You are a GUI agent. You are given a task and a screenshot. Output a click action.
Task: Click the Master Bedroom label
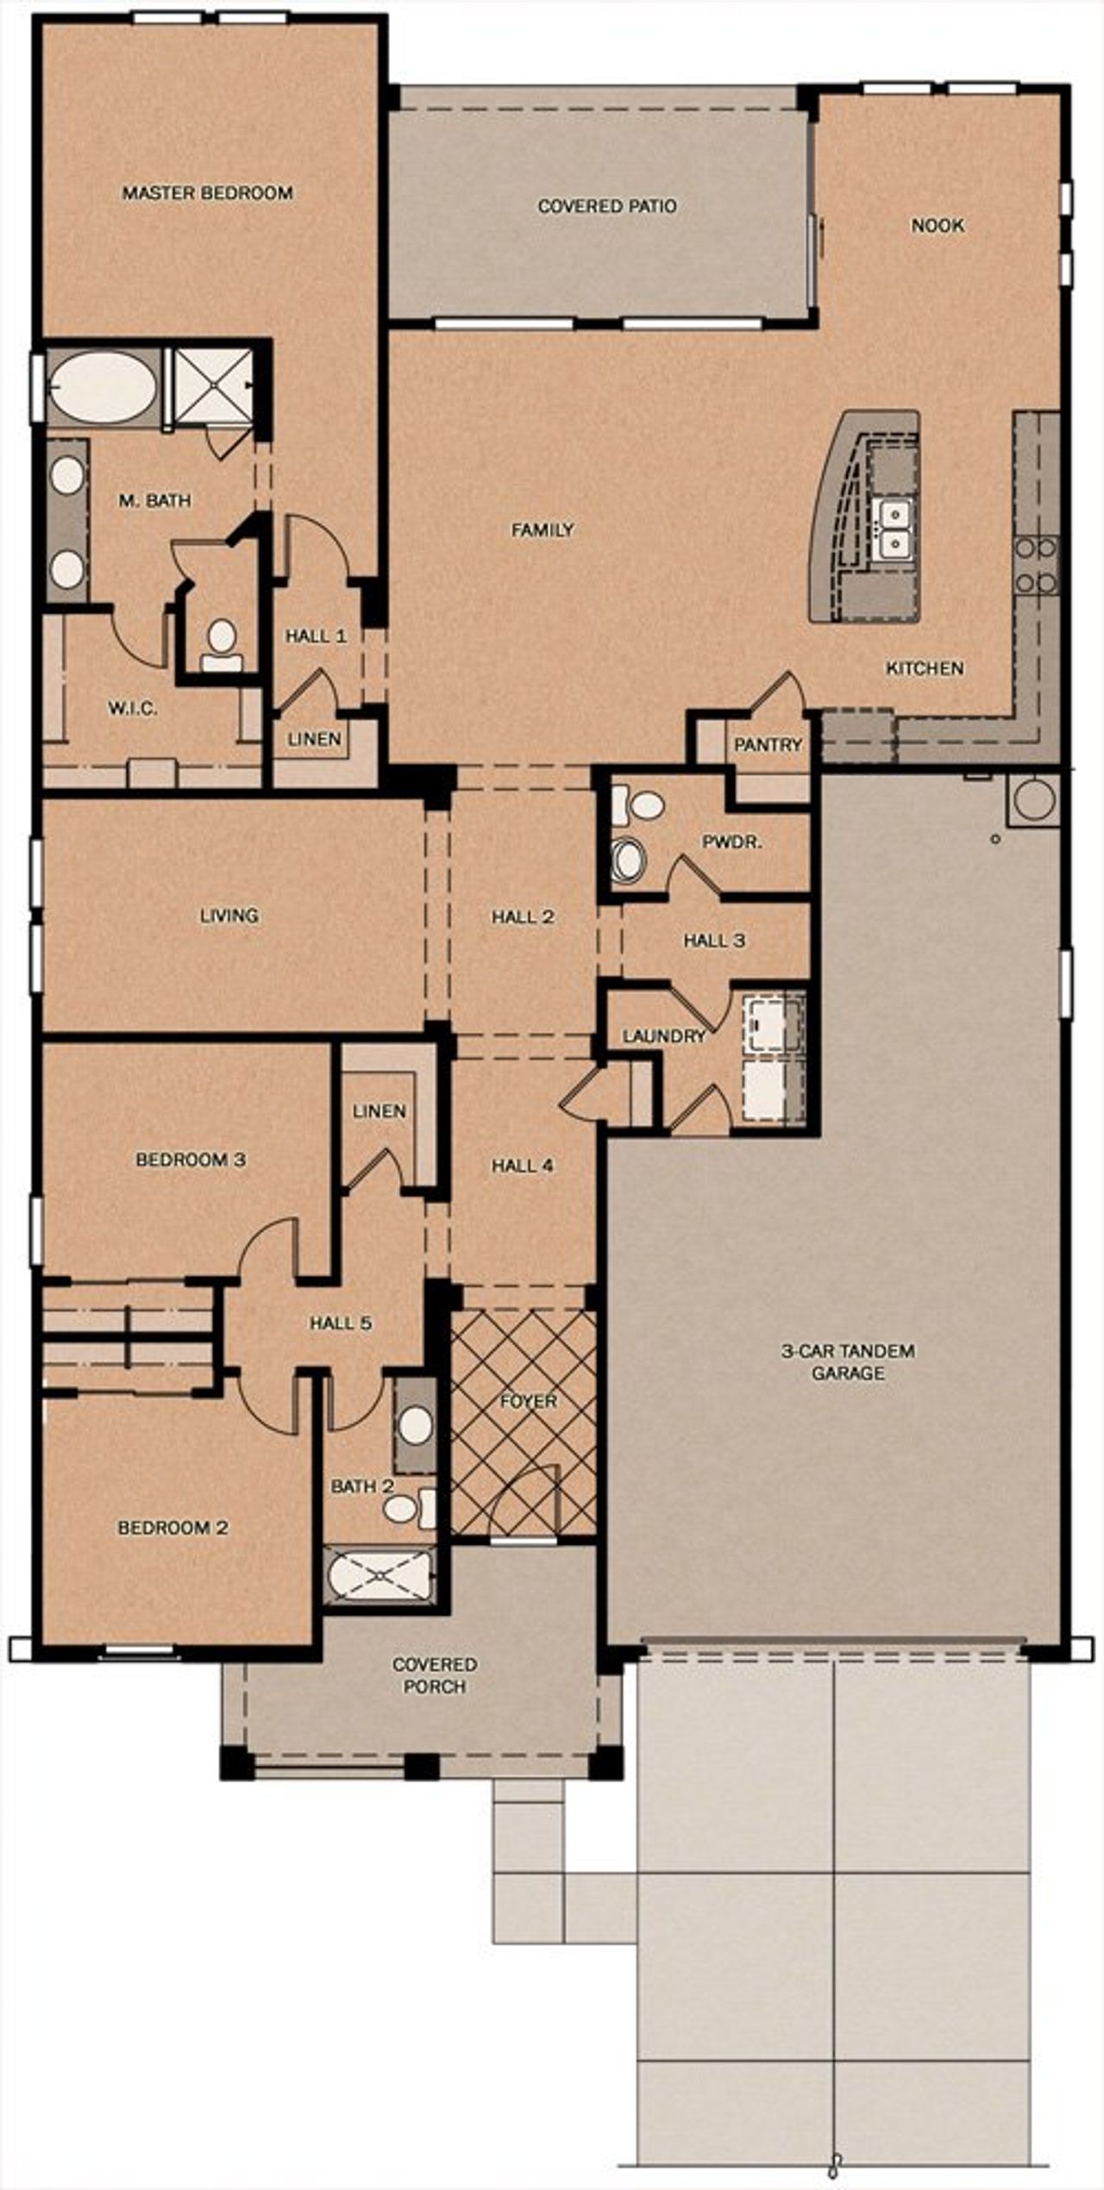tap(207, 193)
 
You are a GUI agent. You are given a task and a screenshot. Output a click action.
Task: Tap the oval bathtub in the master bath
tap(103, 388)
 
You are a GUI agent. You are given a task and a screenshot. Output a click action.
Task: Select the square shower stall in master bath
tap(212, 385)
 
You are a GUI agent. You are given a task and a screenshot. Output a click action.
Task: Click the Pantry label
tap(768, 745)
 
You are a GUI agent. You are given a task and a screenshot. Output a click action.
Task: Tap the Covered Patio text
tap(607, 206)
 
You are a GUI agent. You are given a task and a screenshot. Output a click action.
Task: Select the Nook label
tap(938, 226)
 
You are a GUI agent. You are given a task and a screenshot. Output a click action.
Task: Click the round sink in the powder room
tap(628, 859)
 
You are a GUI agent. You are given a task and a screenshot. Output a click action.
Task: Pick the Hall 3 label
tap(714, 941)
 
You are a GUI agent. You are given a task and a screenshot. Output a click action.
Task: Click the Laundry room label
tap(664, 1036)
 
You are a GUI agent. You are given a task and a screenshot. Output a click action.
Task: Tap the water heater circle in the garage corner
tap(1032, 799)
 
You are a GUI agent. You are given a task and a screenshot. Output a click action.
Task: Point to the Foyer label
tap(528, 1402)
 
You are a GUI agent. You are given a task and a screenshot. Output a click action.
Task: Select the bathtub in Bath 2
tap(380, 1574)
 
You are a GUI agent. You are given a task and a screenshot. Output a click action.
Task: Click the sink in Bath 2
tap(416, 1424)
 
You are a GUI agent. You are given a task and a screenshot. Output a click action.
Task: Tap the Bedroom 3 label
tap(191, 1160)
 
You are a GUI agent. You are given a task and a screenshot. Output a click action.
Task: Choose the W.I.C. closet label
tap(133, 709)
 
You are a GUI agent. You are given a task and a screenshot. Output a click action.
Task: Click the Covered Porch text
tap(435, 1674)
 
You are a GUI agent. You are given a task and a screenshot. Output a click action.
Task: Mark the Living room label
tap(229, 916)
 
